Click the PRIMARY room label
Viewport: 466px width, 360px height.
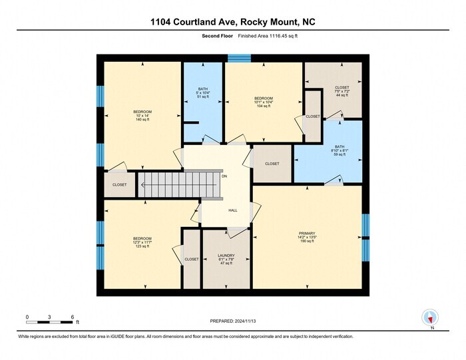[x=307, y=237]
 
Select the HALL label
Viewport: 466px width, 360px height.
[x=233, y=210]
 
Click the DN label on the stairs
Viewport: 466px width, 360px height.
[x=224, y=176]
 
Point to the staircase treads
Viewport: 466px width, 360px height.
[x=178, y=184]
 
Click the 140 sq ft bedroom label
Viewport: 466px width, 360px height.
[x=142, y=115]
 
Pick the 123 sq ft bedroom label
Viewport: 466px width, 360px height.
[x=142, y=242]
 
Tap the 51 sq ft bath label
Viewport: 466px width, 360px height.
[x=202, y=93]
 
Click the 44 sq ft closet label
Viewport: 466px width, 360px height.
[x=342, y=91]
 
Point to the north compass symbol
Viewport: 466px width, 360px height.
[x=430, y=318]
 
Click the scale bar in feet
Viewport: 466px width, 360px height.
[x=50, y=322]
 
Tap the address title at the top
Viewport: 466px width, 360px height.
[x=233, y=22]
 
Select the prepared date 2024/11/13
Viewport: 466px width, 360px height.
[x=233, y=321]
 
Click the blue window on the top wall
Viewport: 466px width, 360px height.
[x=239, y=59]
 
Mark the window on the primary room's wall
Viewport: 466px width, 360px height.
[x=365, y=237]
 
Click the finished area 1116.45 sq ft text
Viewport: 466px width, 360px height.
[x=233, y=37]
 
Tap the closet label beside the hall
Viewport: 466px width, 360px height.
[x=272, y=164]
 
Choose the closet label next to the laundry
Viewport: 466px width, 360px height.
[x=192, y=259]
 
